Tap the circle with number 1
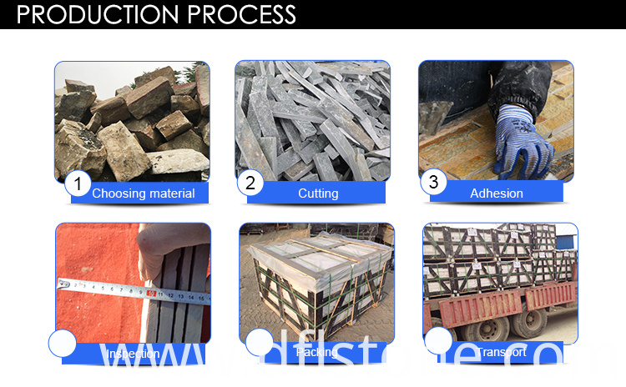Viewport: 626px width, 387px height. point(78,183)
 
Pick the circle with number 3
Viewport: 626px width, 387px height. point(433,183)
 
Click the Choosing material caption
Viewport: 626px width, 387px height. point(144,193)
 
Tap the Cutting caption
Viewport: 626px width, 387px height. point(318,193)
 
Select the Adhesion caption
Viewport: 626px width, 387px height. point(497,193)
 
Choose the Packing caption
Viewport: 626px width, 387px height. point(317,353)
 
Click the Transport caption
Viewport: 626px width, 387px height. point(501,353)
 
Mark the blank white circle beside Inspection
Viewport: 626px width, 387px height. point(62,343)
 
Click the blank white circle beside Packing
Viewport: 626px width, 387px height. point(259,342)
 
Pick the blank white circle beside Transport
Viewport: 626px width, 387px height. point(438,340)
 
